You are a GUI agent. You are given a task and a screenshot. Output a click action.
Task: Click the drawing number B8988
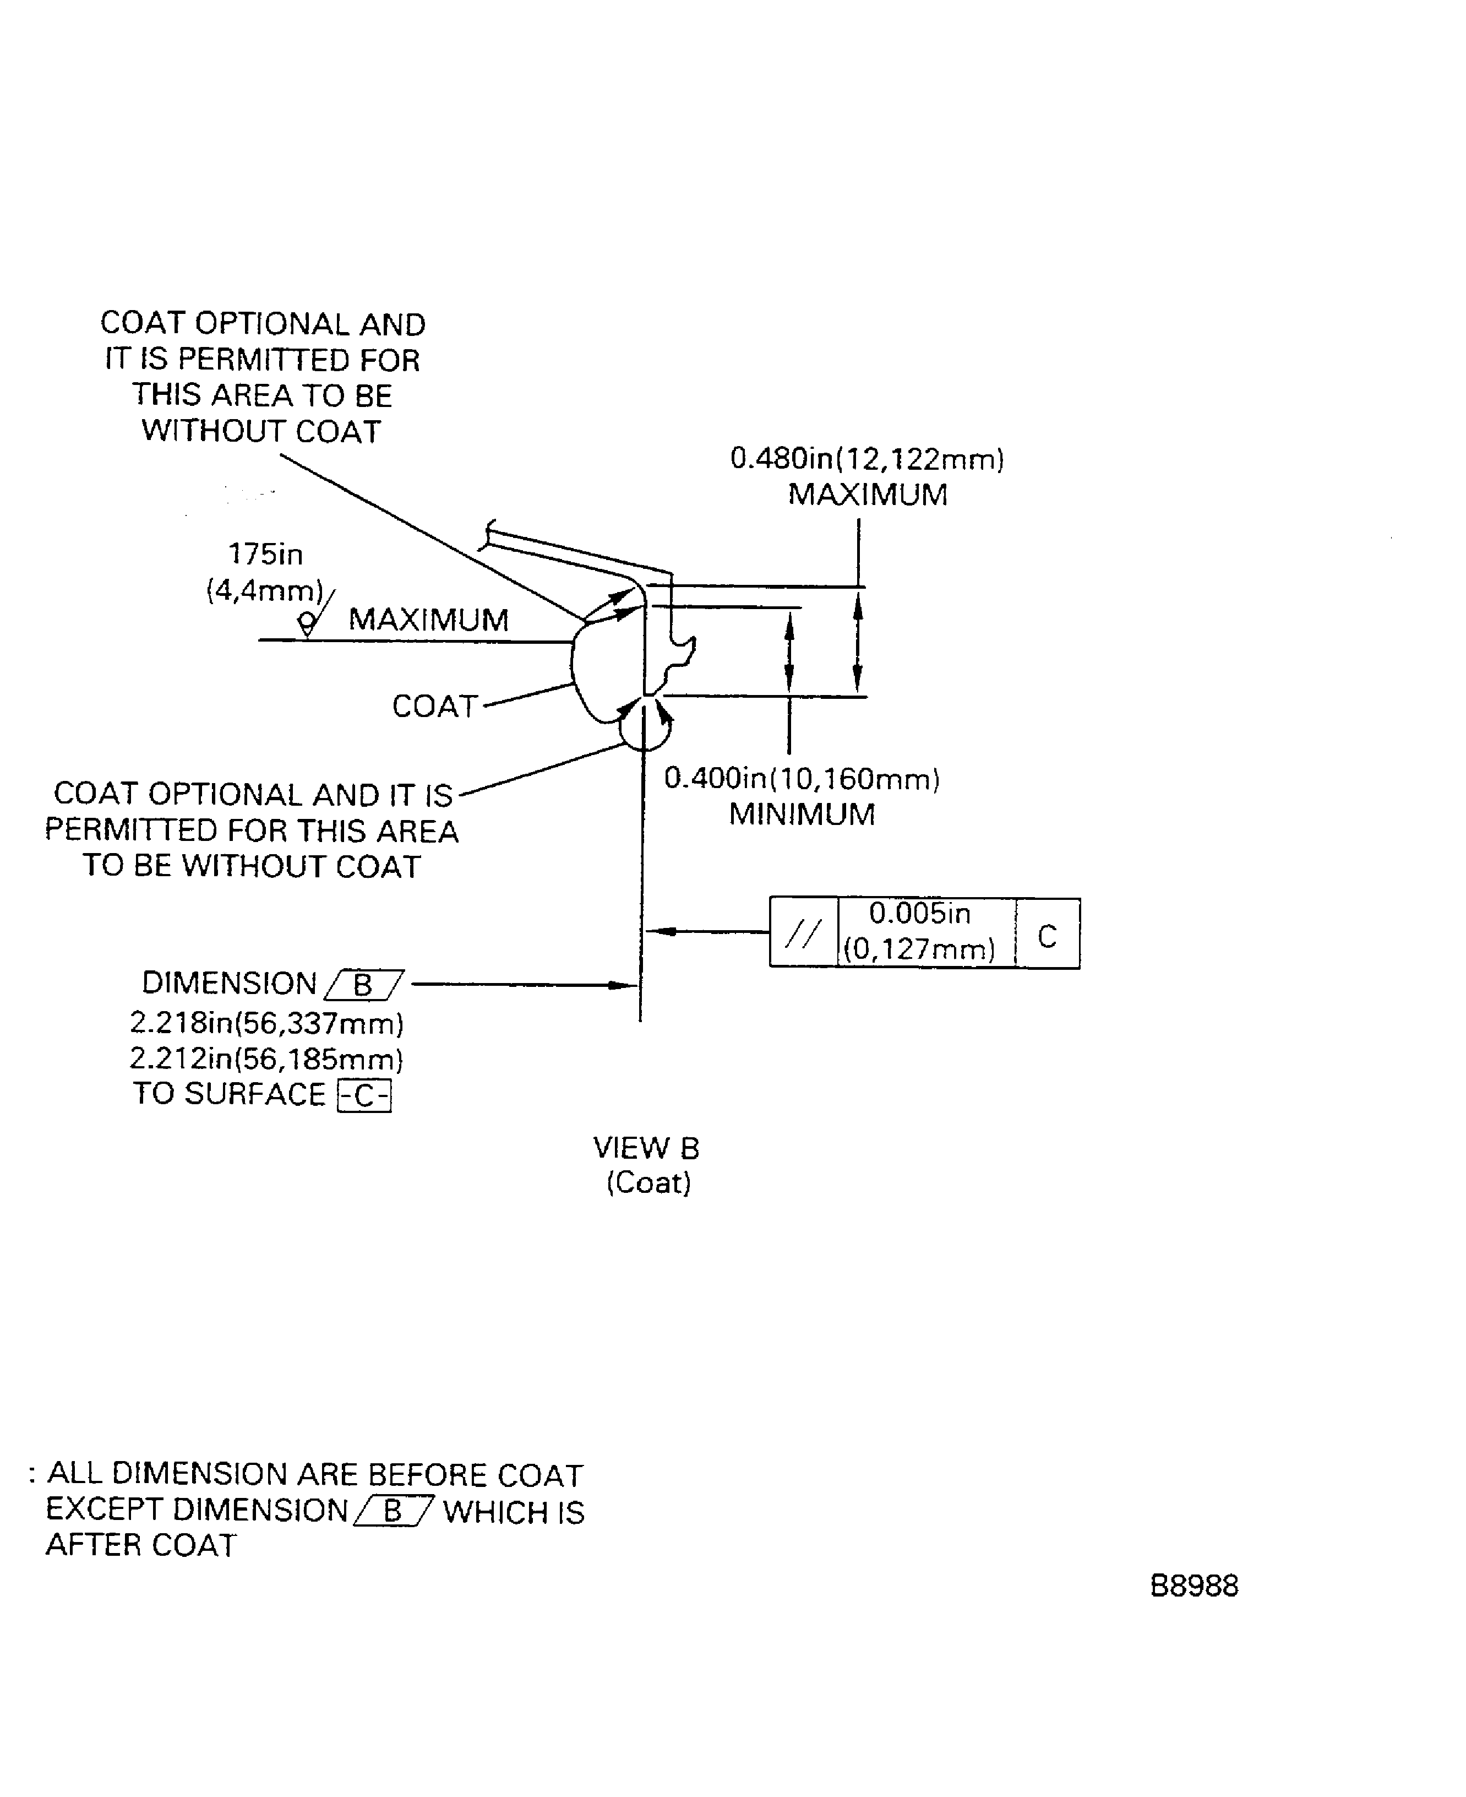tap(1193, 1586)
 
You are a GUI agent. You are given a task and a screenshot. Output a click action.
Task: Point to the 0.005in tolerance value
tap(920, 913)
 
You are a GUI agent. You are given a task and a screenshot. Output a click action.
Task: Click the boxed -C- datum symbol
tap(364, 1096)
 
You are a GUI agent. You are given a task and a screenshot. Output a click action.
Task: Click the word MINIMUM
tap(802, 815)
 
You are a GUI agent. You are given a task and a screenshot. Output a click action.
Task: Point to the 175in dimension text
tap(265, 554)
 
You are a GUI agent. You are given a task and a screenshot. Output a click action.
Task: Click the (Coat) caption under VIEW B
tap(648, 1182)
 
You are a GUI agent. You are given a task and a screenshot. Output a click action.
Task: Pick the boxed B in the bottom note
tap(394, 1511)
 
